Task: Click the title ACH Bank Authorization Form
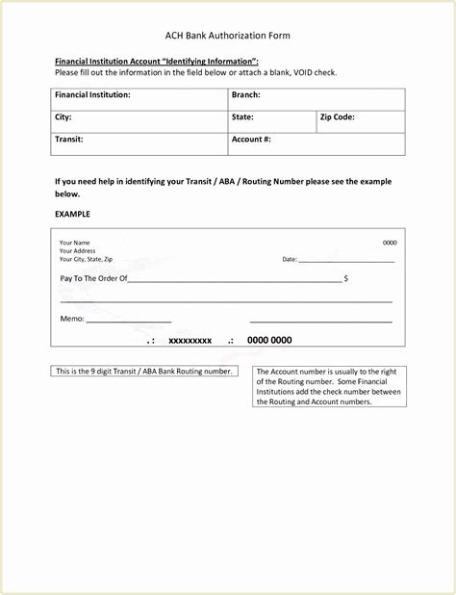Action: pyautogui.click(x=227, y=36)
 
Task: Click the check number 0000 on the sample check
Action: pyautogui.click(x=389, y=243)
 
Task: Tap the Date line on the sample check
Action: pyautogui.click(x=346, y=260)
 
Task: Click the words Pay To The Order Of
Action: pyautogui.click(x=93, y=278)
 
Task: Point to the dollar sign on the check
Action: pyautogui.click(x=345, y=278)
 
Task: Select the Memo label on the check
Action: pyautogui.click(x=72, y=319)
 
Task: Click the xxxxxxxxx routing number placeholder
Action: pyautogui.click(x=190, y=341)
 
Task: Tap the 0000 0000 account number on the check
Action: pyautogui.click(x=269, y=340)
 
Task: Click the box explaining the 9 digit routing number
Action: pyautogui.click(x=143, y=371)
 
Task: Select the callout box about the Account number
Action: pyautogui.click(x=329, y=386)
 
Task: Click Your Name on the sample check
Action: pyautogui.click(x=74, y=243)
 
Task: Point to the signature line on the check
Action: pyautogui.click(x=320, y=321)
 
